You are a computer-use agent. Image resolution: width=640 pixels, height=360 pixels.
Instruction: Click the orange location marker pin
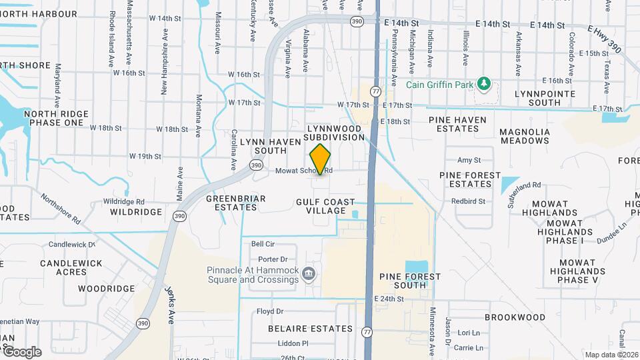(x=321, y=159)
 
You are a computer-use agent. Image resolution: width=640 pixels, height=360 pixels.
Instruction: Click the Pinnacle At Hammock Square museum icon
(x=309, y=273)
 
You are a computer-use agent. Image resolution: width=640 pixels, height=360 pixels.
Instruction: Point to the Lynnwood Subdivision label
(x=335, y=131)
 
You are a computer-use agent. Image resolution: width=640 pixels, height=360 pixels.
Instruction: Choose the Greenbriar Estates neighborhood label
(x=236, y=203)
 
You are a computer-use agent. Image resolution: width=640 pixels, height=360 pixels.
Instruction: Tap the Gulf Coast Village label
(x=321, y=205)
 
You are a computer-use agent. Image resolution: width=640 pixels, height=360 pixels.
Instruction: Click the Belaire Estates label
(x=310, y=329)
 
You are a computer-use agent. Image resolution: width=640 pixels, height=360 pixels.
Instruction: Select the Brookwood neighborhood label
(x=515, y=318)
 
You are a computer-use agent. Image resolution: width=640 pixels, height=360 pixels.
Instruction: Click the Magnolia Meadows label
(x=525, y=137)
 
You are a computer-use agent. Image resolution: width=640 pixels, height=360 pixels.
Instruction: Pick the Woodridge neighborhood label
(x=102, y=289)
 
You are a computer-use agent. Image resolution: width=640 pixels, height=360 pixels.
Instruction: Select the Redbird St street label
(x=468, y=201)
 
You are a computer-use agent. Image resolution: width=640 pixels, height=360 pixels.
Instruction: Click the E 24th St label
(x=391, y=299)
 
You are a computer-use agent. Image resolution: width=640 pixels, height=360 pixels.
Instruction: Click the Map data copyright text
(x=610, y=355)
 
